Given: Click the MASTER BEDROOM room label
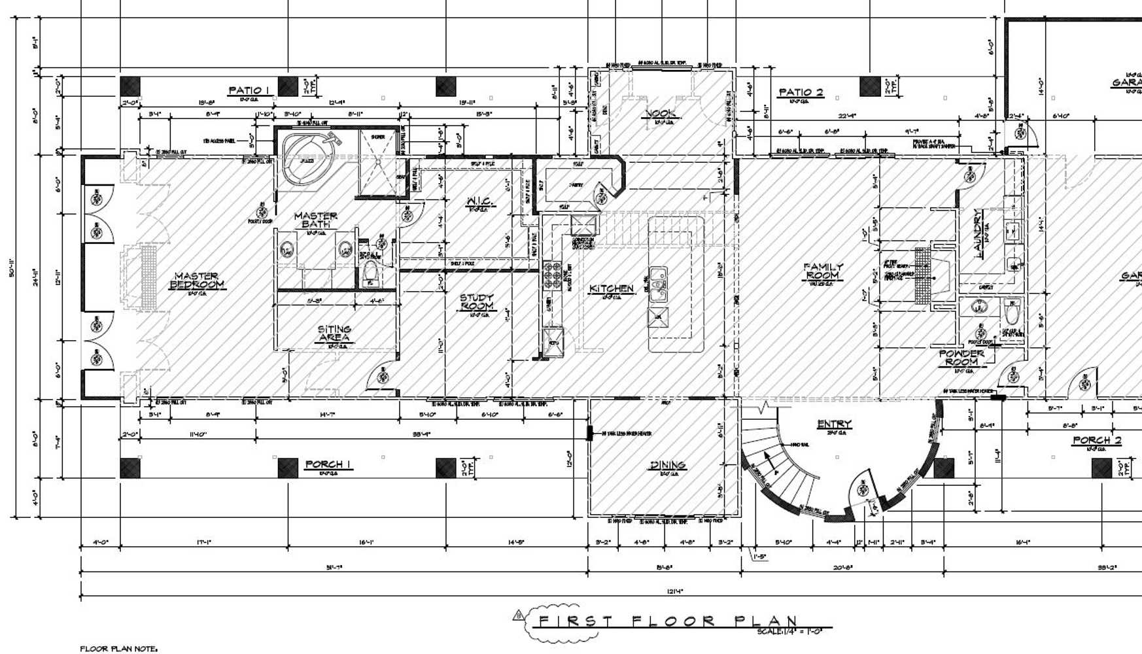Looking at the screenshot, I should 197,281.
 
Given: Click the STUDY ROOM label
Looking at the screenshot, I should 477,302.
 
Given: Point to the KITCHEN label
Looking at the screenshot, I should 612,288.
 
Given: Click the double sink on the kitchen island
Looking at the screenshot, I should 658,281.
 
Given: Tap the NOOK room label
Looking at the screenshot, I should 661,114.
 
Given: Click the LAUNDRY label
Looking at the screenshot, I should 978,233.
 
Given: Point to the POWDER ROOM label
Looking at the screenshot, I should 961,357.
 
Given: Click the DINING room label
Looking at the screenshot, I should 667,465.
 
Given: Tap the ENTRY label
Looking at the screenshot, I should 834,424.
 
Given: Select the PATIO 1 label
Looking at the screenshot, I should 249,90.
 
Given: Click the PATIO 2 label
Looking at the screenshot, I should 801,92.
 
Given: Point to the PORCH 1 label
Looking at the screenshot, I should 328,464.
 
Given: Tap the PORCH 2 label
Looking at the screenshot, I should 1097,440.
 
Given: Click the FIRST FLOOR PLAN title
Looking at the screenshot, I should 667,621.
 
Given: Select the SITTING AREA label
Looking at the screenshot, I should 334,334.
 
